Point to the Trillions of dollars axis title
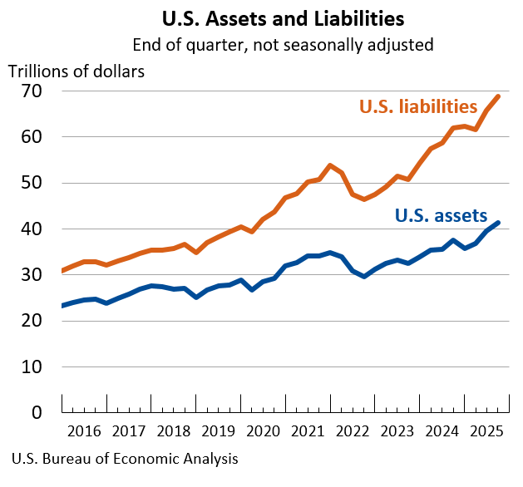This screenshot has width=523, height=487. [x=76, y=71]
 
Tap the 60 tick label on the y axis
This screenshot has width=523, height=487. [x=32, y=137]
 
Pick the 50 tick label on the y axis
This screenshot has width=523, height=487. [x=32, y=183]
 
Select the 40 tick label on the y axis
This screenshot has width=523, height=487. [x=32, y=229]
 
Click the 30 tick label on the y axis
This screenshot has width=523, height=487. [x=32, y=275]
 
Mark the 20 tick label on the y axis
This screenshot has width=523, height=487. [x=32, y=321]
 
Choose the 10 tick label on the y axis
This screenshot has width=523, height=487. [x=32, y=366]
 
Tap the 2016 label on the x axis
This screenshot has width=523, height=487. [x=84, y=431]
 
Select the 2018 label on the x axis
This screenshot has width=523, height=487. [x=174, y=431]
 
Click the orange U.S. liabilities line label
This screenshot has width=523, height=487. [x=417, y=107]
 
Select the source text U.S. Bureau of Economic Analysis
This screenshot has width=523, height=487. [x=126, y=459]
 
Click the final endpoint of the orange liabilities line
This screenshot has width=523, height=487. [x=498, y=96]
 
